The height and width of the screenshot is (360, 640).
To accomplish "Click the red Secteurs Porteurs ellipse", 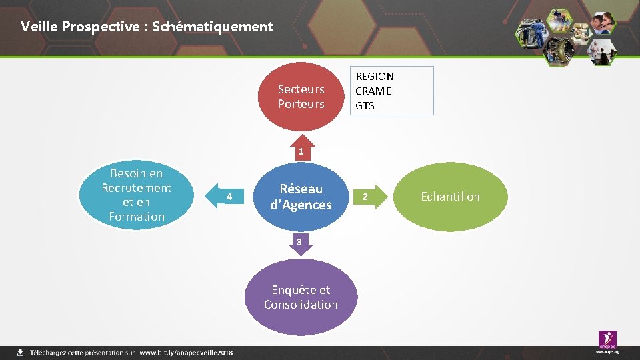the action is [x=301, y=96].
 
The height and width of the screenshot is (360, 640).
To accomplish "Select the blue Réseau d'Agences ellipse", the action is [x=301, y=197].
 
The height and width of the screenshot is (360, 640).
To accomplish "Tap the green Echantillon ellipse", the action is [x=451, y=197].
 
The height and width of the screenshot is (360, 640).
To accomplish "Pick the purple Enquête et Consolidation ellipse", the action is [x=301, y=297].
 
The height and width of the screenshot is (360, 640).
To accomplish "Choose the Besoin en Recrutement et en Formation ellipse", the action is [x=137, y=195].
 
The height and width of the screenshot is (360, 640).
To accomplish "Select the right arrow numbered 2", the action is [x=365, y=197].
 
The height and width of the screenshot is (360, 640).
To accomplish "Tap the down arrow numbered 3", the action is [x=300, y=243].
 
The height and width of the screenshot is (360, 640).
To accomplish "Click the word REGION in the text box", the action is [x=375, y=77].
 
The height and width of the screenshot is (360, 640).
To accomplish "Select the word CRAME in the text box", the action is [x=373, y=91].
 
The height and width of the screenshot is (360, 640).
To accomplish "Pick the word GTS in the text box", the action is [x=365, y=106].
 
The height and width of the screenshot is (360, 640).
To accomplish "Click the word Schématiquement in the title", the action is [x=213, y=27].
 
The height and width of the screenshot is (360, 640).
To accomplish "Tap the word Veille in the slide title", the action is [x=37, y=27].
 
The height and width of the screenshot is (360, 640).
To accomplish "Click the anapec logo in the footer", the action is [x=607, y=340].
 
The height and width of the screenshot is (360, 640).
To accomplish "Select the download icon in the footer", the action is [x=21, y=352].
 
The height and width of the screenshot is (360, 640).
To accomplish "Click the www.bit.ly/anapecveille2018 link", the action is [x=186, y=352].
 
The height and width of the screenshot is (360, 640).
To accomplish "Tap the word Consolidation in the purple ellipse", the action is [x=301, y=305].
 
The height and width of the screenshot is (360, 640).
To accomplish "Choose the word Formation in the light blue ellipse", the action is [x=137, y=217].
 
